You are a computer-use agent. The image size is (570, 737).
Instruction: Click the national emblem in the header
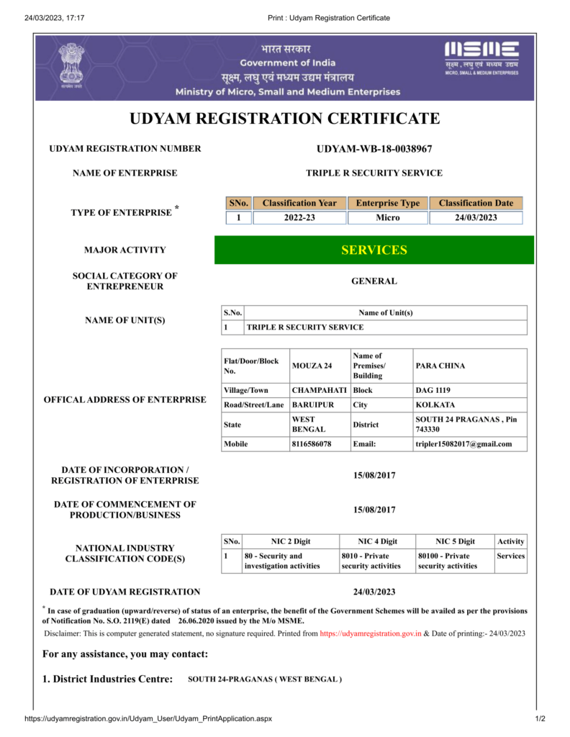click(71, 65)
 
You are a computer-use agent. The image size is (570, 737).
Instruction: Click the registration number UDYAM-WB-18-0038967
click(374, 149)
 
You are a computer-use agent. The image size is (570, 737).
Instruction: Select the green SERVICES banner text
click(374, 250)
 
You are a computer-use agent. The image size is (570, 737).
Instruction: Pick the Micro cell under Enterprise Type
click(388, 217)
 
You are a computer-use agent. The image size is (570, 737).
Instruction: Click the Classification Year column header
click(299, 203)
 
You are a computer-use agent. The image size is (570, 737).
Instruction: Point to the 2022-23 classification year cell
click(299, 217)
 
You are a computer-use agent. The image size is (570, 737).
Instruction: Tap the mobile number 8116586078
click(312, 444)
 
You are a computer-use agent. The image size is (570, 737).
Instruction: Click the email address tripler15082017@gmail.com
click(463, 444)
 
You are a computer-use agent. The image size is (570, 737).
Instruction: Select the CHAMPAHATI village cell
click(319, 390)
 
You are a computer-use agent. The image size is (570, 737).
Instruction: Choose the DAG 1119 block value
click(433, 390)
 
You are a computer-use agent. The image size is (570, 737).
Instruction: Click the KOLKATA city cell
click(435, 404)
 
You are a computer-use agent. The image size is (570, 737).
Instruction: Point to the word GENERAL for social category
click(374, 281)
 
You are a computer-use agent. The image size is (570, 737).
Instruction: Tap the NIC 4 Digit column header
click(378, 541)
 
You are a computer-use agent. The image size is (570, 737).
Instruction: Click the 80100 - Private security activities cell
click(448, 561)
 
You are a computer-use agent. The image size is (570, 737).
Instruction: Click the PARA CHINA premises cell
click(440, 366)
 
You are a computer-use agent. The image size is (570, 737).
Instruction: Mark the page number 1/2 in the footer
click(539, 718)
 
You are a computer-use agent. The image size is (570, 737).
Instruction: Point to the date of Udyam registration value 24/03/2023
click(374, 592)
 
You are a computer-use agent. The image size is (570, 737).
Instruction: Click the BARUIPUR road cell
click(313, 404)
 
